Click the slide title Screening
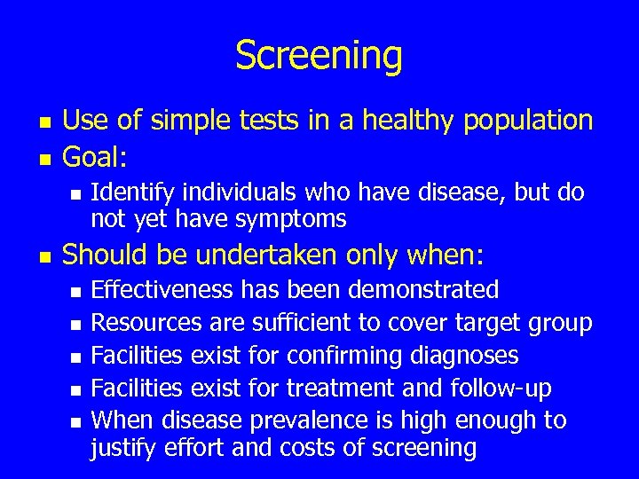pyautogui.click(x=319, y=56)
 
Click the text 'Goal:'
pyautogui.click(x=96, y=159)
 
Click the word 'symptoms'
pyautogui.click(x=292, y=219)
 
